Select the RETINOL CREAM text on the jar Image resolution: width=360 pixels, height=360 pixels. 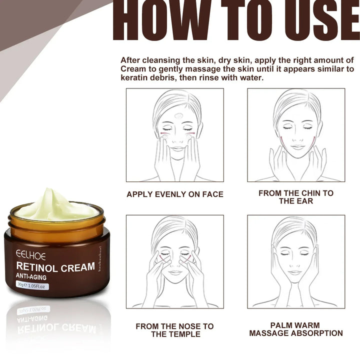tap(55, 267)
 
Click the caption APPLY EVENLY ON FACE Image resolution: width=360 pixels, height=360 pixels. tap(174, 194)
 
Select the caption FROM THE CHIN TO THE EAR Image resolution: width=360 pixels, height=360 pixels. tap(296, 196)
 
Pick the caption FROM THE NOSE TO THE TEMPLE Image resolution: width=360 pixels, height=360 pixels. tap(174, 330)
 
